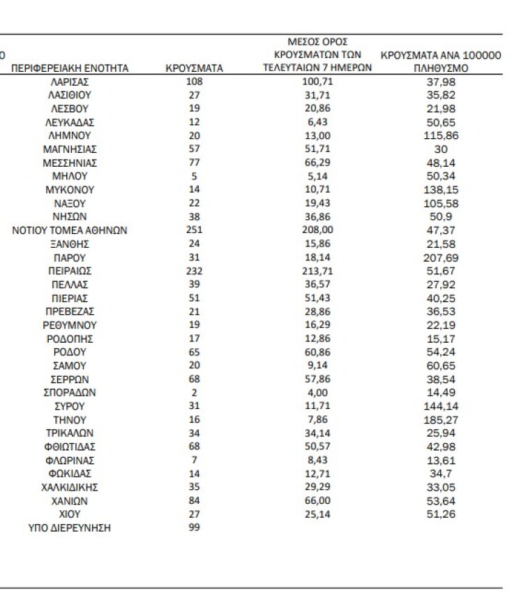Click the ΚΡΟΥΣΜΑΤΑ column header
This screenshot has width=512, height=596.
click(194, 68)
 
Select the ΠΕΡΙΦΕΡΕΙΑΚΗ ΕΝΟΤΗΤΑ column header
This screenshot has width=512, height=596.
click(69, 68)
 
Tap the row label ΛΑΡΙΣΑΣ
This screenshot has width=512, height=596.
click(69, 82)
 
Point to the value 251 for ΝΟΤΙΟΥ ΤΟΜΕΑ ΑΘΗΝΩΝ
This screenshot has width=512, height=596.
click(194, 230)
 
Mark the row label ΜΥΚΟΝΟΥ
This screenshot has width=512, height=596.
click(69, 190)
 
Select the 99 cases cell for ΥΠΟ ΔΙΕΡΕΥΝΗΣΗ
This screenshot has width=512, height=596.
click(194, 528)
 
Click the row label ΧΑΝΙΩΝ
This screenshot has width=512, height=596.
click(69, 501)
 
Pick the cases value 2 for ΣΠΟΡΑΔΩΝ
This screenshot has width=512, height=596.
click(194, 393)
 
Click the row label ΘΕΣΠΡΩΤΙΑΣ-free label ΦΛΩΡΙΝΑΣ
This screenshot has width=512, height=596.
click(69, 461)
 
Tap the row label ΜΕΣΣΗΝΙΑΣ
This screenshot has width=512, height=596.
click(69, 163)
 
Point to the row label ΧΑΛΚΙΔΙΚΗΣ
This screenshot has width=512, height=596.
click(69, 487)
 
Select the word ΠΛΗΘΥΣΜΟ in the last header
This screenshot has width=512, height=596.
click(440, 68)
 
